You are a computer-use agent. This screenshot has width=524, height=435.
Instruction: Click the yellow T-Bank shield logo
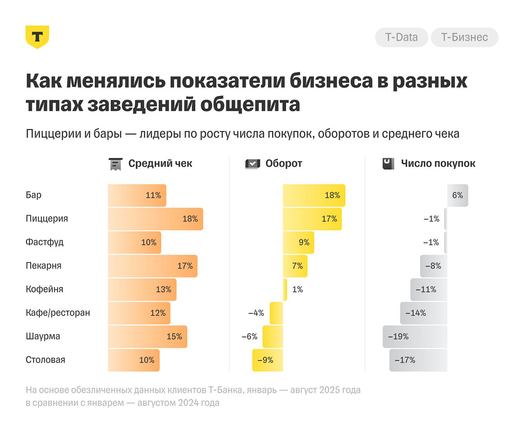point(37,37)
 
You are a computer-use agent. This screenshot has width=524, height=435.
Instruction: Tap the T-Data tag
point(401,37)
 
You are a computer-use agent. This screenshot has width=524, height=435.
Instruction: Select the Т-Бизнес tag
point(464,37)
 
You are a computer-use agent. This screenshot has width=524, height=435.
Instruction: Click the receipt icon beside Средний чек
point(115,164)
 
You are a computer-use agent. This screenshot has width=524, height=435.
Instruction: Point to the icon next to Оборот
point(253,164)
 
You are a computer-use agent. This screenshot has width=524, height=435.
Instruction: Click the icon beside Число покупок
point(388,164)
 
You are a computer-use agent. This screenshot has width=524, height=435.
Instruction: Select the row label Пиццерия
point(47,219)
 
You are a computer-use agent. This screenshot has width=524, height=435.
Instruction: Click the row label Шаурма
point(43,336)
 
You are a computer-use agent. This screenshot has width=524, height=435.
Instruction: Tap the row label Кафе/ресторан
point(58,313)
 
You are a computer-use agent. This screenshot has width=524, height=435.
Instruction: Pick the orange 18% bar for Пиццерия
point(155,219)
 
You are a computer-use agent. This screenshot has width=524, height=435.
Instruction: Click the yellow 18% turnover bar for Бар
point(314,195)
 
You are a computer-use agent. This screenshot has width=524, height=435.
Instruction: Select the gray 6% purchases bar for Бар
point(457,195)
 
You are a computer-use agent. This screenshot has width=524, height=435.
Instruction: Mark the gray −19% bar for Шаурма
point(415,337)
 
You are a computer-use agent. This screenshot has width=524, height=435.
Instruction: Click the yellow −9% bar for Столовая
point(267,360)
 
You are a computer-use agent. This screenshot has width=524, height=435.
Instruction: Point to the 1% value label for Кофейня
point(297,290)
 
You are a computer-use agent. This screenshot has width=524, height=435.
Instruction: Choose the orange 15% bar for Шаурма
point(147,337)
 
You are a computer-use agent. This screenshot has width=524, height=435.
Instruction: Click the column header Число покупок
point(438,164)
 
